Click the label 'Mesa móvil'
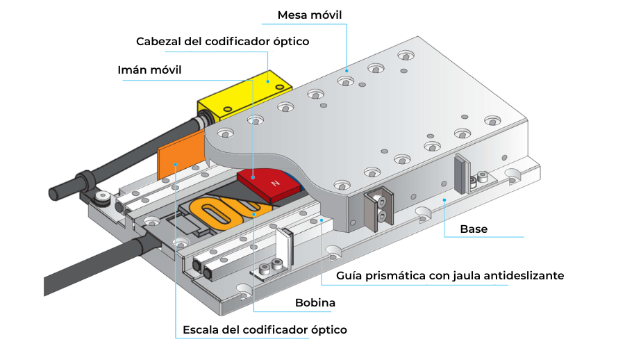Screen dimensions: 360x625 [x=310, y=15]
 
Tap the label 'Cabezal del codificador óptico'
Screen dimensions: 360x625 [x=222, y=41]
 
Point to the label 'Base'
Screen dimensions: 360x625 [x=474, y=229]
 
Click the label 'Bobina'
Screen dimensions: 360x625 [x=315, y=303]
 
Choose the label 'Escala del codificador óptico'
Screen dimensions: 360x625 [x=264, y=329]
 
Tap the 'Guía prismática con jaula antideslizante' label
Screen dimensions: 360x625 [x=450, y=276]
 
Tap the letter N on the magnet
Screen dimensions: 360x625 [x=275, y=185]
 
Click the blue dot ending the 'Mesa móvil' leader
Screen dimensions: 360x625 [x=346, y=70]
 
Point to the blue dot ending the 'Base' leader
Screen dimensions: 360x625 [x=444, y=199]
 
